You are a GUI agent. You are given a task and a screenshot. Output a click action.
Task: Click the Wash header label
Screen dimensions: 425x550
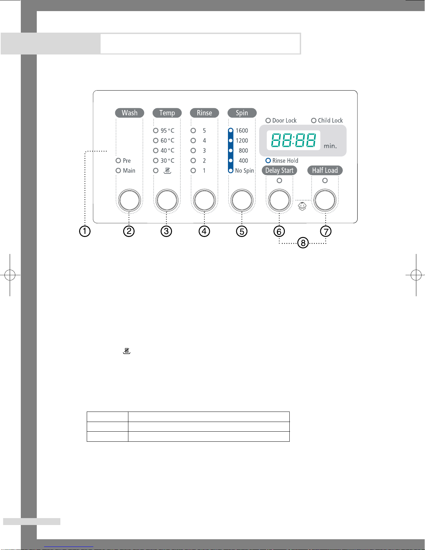pos(129,113)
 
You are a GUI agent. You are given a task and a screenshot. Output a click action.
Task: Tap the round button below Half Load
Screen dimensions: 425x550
pos(325,200)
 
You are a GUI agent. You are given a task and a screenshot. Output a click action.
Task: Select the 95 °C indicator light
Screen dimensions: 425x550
pos(155,130)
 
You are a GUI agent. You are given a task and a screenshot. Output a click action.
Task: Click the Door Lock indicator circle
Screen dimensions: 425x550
pos(268,120)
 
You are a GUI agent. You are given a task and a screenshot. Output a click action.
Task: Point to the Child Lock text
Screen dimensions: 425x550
pos(330,120)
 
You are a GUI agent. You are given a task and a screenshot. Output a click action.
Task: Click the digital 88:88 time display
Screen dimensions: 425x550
pos(294,140)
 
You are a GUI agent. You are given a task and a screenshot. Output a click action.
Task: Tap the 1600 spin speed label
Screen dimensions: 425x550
pos(242,130)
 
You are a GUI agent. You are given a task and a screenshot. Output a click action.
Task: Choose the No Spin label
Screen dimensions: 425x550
pos(244,171)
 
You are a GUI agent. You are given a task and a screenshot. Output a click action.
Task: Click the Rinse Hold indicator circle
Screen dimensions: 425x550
pos(268,160)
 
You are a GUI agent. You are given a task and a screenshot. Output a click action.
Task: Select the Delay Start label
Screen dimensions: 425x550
pos(279,170)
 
